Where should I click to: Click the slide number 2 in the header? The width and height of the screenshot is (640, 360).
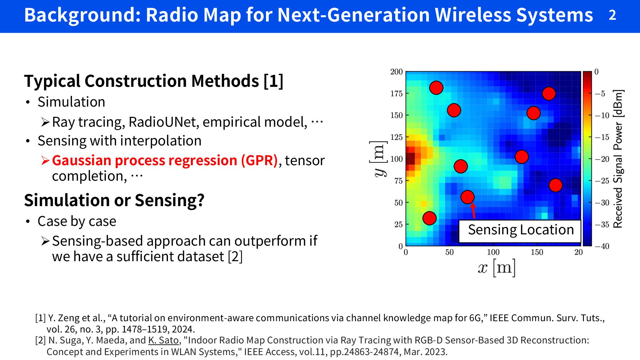(x=612, y=15)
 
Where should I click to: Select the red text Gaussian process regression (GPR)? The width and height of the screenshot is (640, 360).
(x=165, y=161)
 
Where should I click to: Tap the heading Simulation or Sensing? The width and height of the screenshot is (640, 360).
(x=114, y=200)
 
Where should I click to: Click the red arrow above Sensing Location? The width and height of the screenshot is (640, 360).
(x=473, y=211)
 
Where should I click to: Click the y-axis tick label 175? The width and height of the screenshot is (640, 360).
(x=396, y=94)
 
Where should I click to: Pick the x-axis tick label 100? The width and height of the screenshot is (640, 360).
(x=493, y=252)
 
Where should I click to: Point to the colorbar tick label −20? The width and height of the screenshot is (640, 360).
(x=602, y=159)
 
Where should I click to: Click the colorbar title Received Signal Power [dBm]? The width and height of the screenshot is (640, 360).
(x=618, y=159)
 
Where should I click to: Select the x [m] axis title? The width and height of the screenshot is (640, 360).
(x=497, y=268)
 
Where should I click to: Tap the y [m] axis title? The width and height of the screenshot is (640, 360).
(x=378, y=159)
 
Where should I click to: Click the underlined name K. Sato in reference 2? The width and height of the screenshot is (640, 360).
(x=163, y=340)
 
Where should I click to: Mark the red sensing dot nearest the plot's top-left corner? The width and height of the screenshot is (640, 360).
(x=436, y=88)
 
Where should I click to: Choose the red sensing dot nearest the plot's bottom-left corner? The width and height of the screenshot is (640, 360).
(x=429, y=218)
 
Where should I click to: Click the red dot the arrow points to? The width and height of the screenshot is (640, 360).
(x=467, y=197)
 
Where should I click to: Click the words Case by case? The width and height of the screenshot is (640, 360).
(x=77, y=221)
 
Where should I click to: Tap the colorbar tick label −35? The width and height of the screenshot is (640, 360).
(x=602, y=224)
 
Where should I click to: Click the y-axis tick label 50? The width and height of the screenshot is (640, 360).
(x=398, y=203)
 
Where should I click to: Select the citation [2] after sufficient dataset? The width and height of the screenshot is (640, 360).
(x=235, y=257)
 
